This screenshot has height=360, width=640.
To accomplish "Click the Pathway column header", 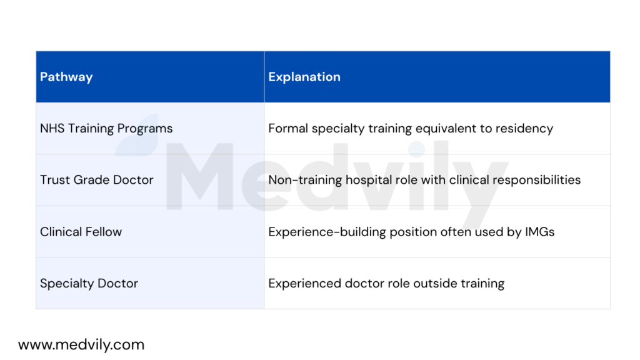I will tap(66, 77).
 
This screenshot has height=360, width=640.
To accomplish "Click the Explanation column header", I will tap(304, 77).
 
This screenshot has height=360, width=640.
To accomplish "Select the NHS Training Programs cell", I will tap(106, 129).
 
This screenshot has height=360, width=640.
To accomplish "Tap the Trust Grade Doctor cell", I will tap(97, 180).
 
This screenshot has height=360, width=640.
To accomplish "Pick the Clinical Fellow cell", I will tap(81, 232).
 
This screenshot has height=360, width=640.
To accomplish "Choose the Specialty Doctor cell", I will tap(89, 283).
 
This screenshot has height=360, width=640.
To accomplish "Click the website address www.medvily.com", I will tap(81, 344).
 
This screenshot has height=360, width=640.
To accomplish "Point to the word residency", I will tap(525, 129).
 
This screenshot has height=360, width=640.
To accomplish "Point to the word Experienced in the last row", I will tap(304, 283).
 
